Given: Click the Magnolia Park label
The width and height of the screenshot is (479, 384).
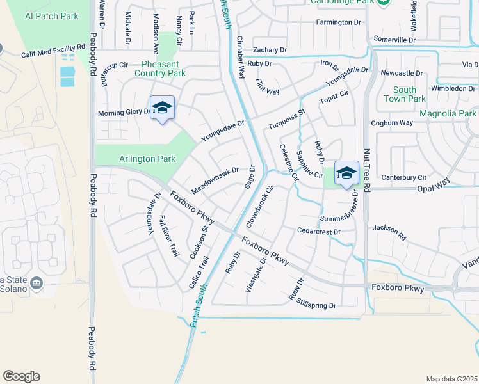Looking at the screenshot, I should point(448,113).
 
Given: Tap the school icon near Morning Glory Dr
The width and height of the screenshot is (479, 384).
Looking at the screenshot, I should point(163,108).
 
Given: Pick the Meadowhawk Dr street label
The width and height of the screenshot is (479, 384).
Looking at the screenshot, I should point(215,181).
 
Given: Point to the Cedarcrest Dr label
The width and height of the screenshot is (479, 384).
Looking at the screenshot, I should point(318,231).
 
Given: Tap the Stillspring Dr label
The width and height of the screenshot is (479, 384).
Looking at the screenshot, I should point(316,305).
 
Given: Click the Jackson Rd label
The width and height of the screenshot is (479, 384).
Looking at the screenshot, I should point(389,231).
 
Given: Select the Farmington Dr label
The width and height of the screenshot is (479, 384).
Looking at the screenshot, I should point(339,22).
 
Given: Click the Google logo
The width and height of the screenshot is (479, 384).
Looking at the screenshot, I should point(21,376).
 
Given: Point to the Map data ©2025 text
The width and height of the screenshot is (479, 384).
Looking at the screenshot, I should point(451,379).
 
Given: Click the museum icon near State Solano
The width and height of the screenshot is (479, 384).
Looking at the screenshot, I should point(37,283).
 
